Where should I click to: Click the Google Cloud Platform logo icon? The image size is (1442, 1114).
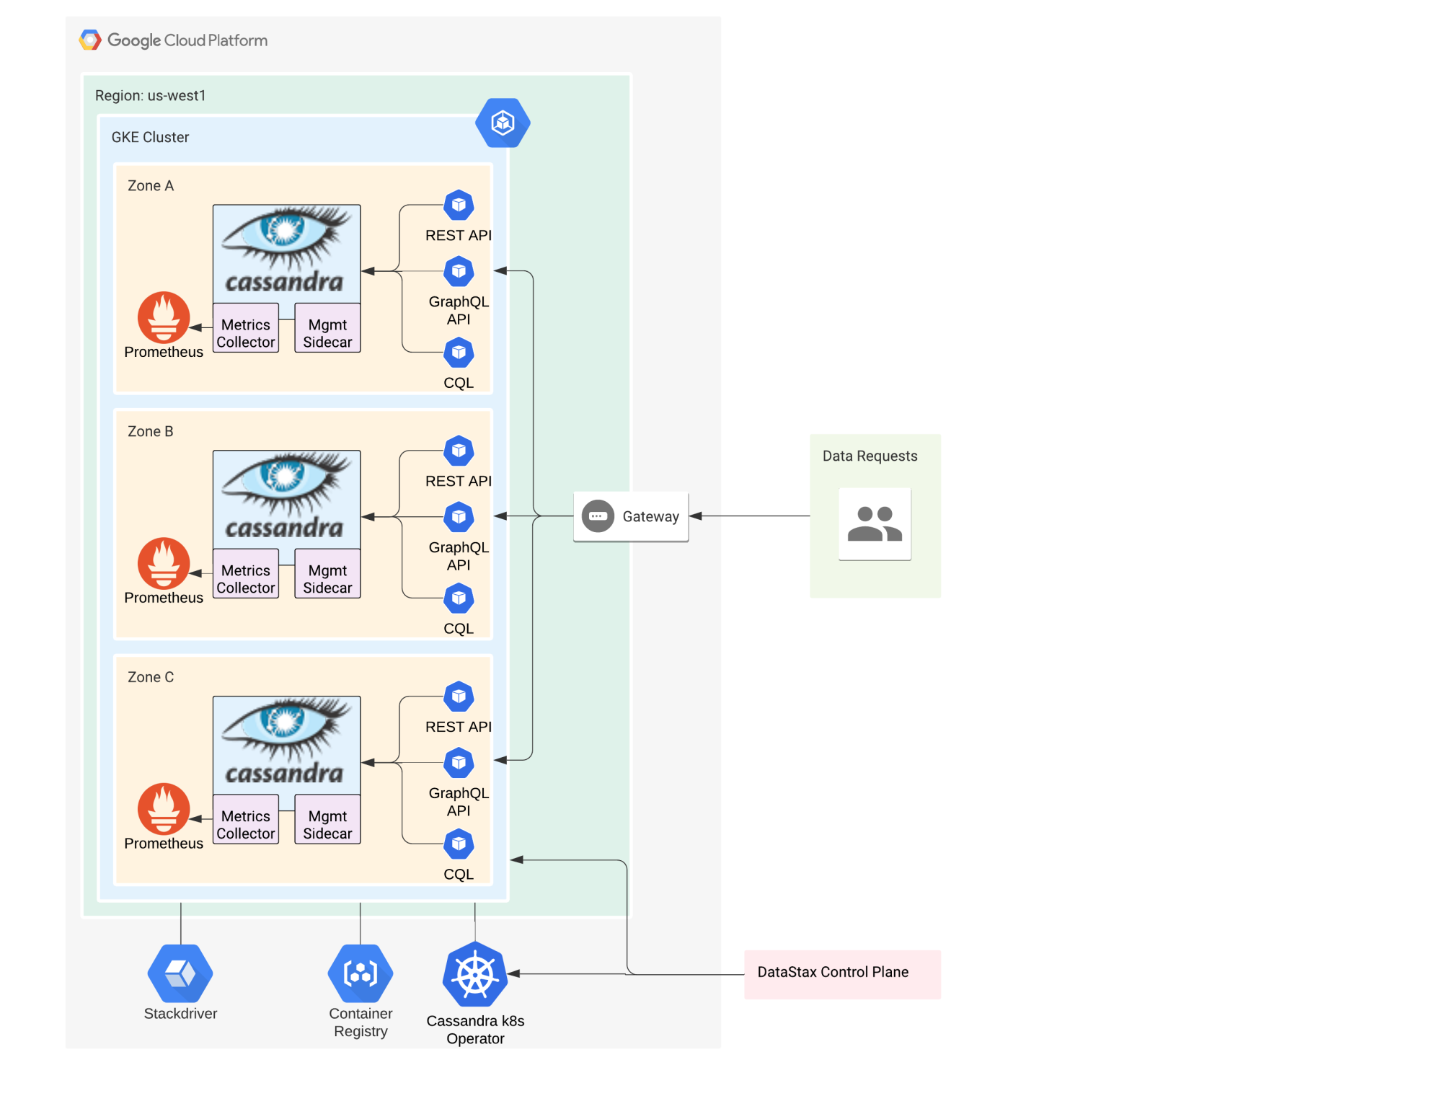90,40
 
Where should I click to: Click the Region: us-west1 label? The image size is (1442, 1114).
150,96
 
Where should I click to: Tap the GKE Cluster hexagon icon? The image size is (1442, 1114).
503,123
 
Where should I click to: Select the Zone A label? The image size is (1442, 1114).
151,186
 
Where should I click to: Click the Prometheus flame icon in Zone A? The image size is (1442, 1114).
164,317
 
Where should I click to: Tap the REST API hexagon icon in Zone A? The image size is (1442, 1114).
459,205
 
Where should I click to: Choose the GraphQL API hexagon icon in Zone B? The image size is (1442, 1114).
459,517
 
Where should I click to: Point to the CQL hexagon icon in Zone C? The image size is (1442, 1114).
459,844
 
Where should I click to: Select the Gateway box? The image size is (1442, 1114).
631,517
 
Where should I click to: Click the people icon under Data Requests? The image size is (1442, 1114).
875,524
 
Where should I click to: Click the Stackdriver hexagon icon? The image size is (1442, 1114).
180,973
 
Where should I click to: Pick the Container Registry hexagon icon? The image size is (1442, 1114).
360,973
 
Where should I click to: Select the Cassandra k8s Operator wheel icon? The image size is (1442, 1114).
475,974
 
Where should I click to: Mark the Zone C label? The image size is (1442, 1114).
151,678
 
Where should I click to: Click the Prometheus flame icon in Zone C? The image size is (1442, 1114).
164,809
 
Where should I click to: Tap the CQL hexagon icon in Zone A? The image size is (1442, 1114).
459,353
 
